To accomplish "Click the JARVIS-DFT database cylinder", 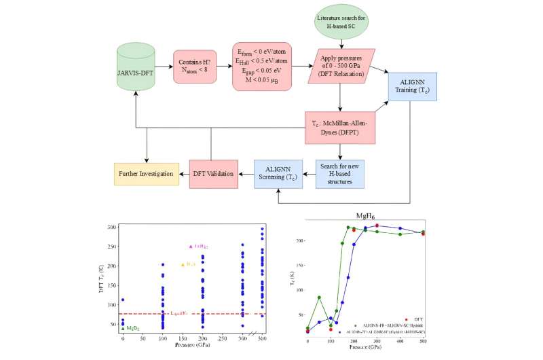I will click(x=136, y=69).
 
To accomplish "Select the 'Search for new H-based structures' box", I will click(x=340, y=174).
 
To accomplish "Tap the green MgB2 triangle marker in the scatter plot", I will click(x=122, y=328).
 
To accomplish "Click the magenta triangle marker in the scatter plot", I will click(x=190, y=247).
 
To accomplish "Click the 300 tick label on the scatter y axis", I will click(x=110, y=226).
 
